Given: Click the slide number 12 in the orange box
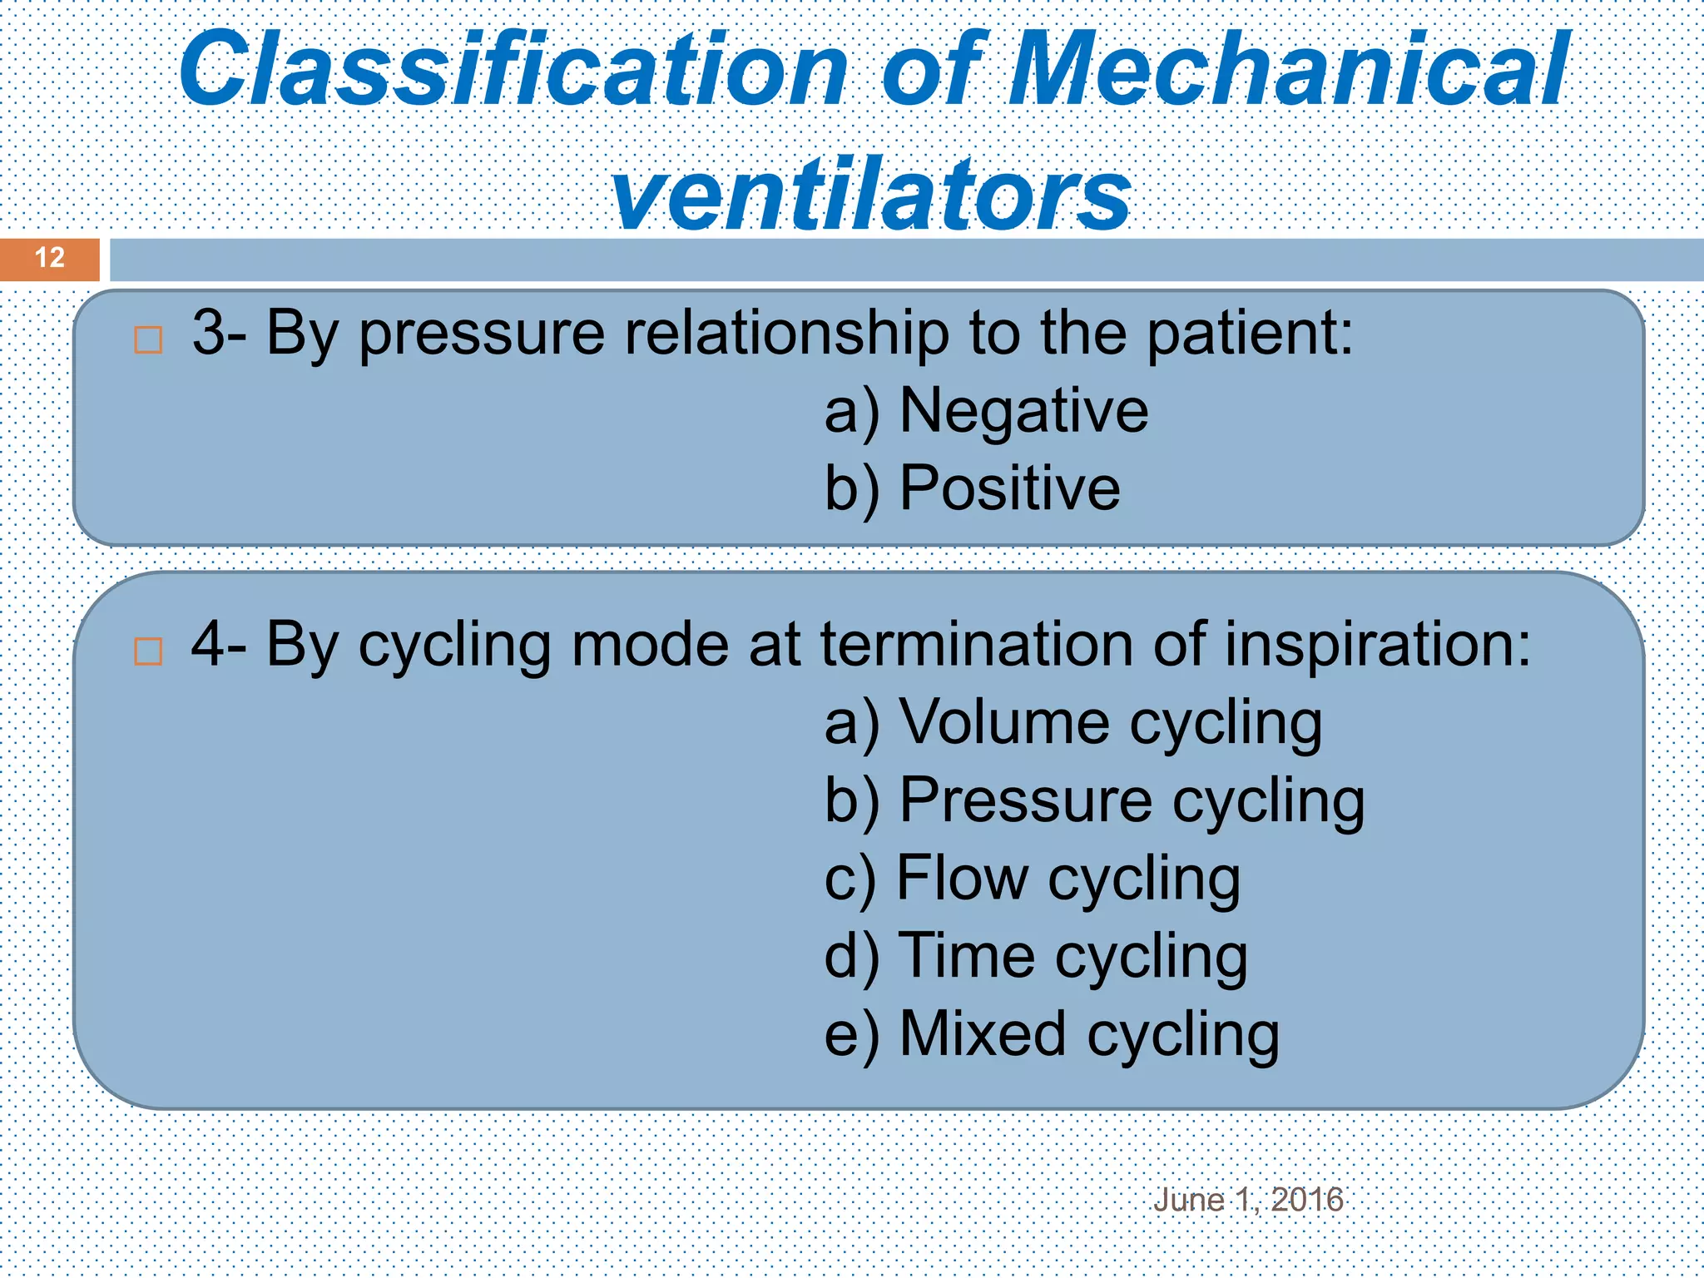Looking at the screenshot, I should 50,258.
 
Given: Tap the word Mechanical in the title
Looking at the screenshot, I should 1289,71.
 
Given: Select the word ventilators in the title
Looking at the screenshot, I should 870,196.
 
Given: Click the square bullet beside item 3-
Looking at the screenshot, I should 148,339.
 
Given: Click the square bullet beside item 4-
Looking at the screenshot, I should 148,651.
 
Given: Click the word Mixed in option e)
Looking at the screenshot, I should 983,1033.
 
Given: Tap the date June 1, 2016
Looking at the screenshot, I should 1248,1200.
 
